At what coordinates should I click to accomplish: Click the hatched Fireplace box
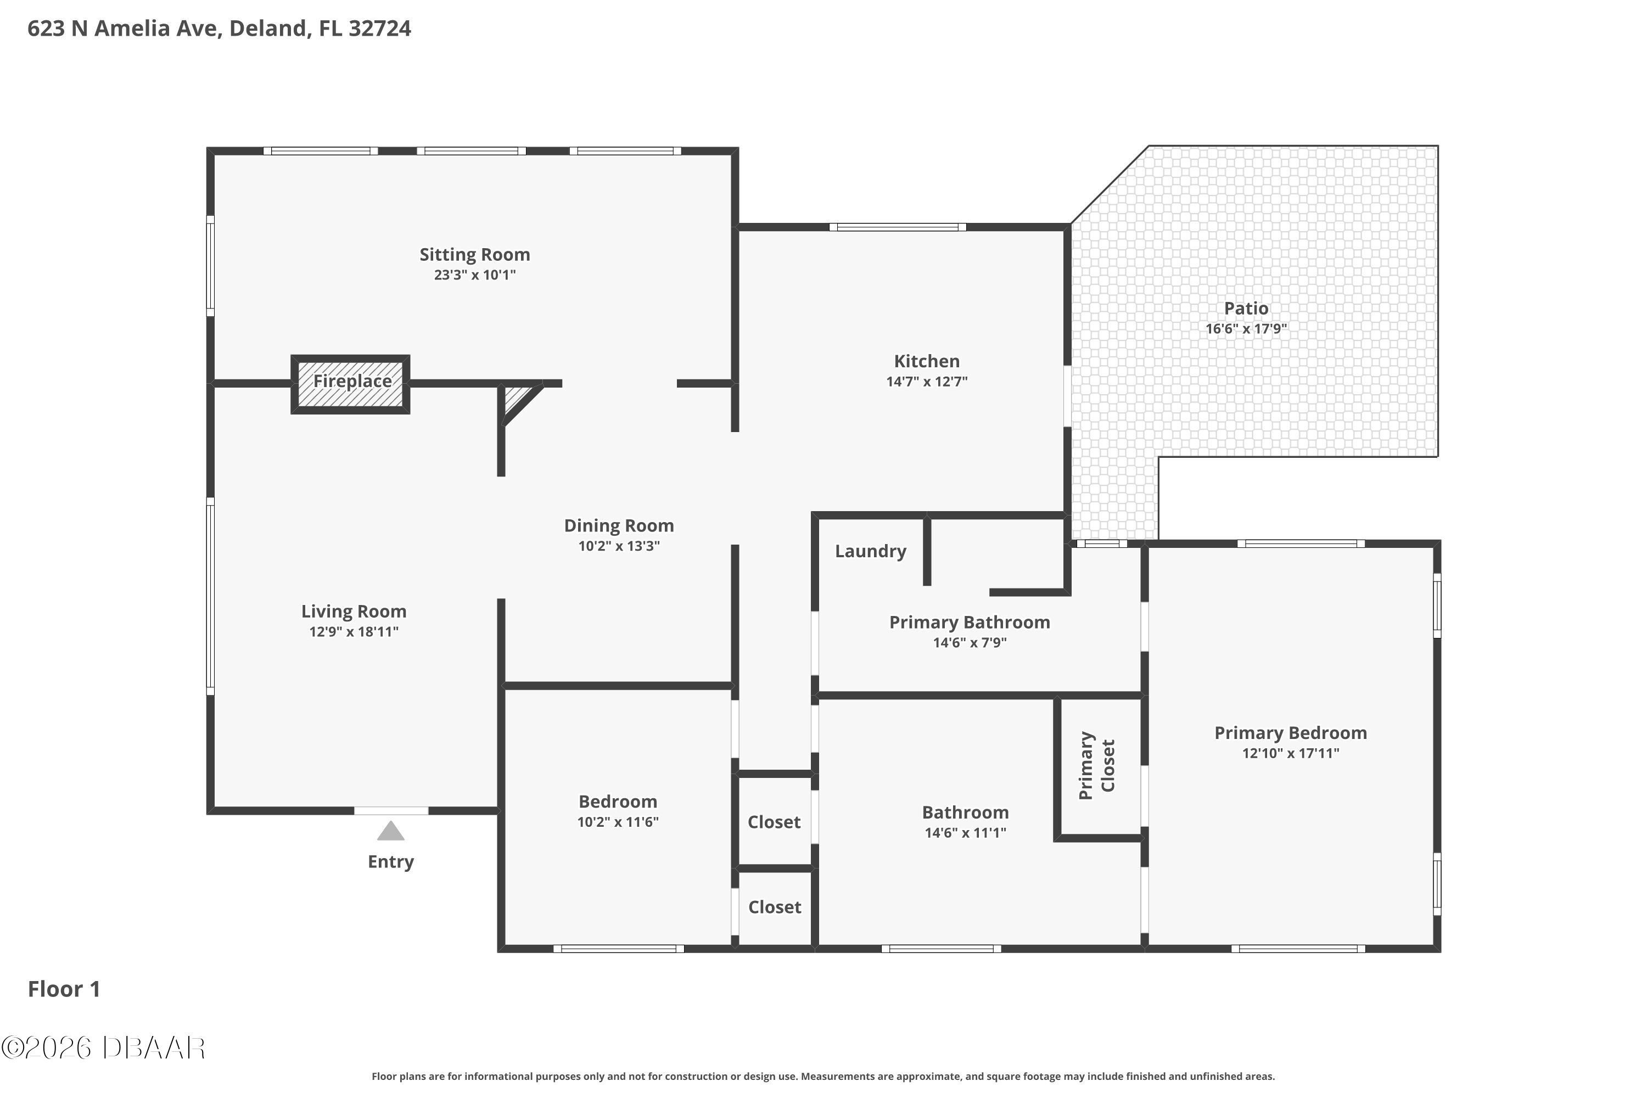pos(351,384)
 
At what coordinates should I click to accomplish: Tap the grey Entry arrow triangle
pos(391,832)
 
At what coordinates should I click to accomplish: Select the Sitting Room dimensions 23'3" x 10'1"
pos(475,274)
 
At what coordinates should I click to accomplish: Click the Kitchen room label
pos(927,361)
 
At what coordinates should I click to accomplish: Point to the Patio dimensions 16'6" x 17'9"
pos(1246,328)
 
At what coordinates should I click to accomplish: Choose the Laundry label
pos(870,551)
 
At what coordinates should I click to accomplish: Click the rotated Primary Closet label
pos(1096,765)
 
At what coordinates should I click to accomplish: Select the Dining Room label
pos(619,526)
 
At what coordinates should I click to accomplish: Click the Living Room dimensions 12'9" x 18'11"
pos(354,632)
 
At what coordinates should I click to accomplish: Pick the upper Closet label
pos(774,822)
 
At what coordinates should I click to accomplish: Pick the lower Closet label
pos(775,907)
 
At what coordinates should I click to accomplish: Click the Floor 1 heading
pos(64,989)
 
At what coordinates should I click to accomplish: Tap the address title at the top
pos(219,29)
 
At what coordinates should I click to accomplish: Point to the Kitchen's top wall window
pos(898,227)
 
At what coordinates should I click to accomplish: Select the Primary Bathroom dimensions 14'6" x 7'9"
pos(969,642)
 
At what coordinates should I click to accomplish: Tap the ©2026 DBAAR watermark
pos(103,1047)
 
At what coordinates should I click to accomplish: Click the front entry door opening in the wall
pos(391,811)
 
